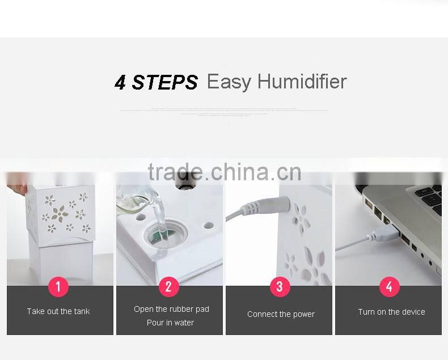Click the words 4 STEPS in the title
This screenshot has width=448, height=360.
(x=156, y=83)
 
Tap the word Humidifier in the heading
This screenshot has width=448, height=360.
(x=302, y=82)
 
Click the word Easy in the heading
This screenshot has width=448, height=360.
(x=229, y=82)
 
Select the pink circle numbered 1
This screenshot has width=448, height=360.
(x=58, y=287)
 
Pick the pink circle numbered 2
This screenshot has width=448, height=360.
(x=168, y=287)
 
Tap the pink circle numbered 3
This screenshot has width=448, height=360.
(x=279, y=287)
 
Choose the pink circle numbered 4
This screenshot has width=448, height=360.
(x=389, y=287)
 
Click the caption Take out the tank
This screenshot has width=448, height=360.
(x=58, y=311)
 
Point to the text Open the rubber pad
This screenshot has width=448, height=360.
(x=171, y=309)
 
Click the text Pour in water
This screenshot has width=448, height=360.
(x=170, y=323)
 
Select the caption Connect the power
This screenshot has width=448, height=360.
(x=281, y=314)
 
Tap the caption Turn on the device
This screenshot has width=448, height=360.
(x=391, y=312)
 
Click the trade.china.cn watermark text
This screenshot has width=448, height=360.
(x=224, y=171)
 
